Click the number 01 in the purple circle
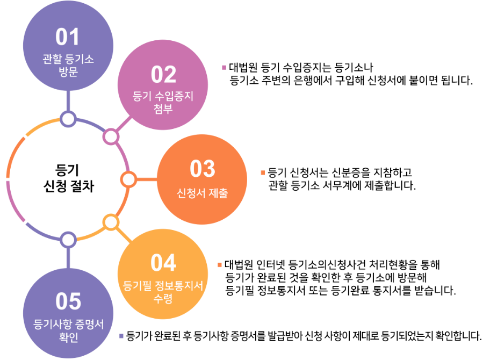pos(68,38)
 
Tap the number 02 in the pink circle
pos(163,75)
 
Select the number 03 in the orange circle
pos(203,169)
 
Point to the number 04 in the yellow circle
pos(163,263)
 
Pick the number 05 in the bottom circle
pos(68,302)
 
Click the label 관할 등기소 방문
pos(68,65)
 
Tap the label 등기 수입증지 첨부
pos(163,103)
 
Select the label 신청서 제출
pos(202,193)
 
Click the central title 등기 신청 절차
pos(68,178)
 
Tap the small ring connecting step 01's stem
pos(68,119)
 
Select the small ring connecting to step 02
pos(110,136)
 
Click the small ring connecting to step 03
pos(128,179)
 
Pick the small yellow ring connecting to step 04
pos(110,221)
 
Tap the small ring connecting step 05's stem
pos(68,239)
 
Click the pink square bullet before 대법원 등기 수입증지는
pos(224,68)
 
